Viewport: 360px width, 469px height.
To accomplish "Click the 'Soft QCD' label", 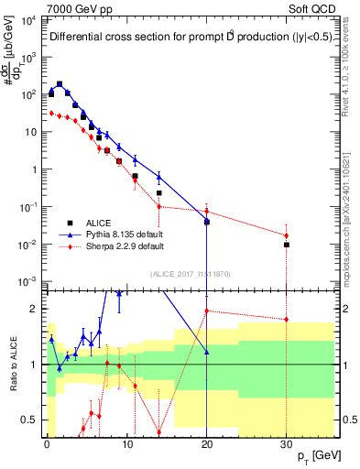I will pos(312,8).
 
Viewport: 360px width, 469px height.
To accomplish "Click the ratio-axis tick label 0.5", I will pos(30,420).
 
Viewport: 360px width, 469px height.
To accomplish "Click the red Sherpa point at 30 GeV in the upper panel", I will pos(287,235).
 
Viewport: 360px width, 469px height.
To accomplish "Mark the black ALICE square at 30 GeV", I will pos(287,245).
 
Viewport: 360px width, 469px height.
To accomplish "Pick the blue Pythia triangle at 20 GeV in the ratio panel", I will pos(207,352).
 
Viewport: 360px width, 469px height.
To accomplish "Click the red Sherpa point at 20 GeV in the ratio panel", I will pos(207,311).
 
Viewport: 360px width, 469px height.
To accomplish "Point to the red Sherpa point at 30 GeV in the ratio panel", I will pos(287,319).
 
